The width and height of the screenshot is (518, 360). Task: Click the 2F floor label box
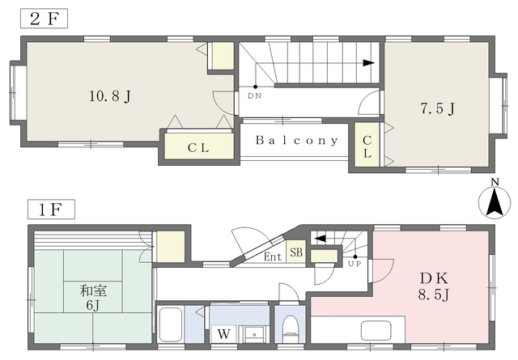(x=44, y=19)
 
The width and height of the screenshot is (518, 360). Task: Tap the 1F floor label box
(x=51, y=209)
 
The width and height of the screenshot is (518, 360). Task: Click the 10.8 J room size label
(x=110, y=96)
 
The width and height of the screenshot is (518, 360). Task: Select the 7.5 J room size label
(x=438, y=108)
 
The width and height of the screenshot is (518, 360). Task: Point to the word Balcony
(x=297, y=141)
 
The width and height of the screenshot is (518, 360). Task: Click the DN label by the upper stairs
(x=255, y=96)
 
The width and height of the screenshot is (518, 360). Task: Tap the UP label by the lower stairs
(x=355, y=264)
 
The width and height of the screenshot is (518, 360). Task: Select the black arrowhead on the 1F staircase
(x=321, y=238)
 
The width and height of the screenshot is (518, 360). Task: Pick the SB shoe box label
(x=296, y=252)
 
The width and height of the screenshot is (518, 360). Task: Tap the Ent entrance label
(x=273, y=256)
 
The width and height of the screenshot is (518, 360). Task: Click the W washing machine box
(x=223, y=334)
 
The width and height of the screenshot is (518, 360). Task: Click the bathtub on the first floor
(x=171, y=325)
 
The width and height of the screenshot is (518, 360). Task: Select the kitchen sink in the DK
(x=376, y=330)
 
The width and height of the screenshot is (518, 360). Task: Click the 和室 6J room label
(x=93, y=298)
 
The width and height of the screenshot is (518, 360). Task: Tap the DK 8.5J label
(x=434, y=286)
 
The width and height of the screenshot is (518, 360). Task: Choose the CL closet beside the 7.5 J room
(x=367, y=146)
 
